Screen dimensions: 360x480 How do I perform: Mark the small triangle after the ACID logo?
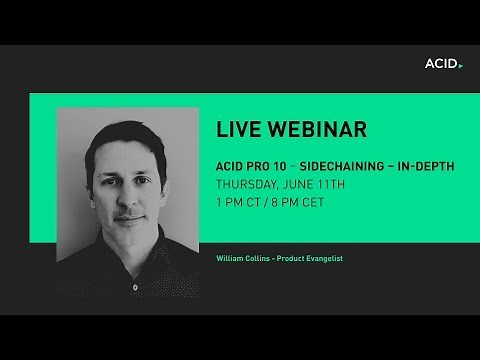pyautogui.click(x=460, y=65)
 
